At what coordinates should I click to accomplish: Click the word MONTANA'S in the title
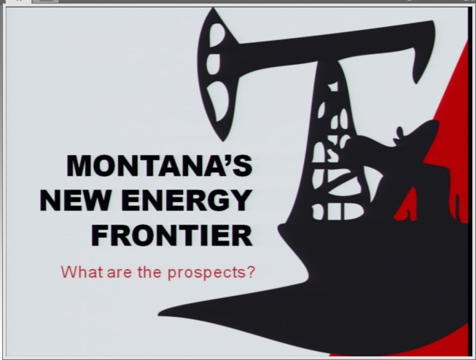160,165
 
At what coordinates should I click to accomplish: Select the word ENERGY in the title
187,200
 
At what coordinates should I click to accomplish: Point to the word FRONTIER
172,235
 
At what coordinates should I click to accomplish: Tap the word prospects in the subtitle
206,273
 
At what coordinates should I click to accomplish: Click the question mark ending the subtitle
251,272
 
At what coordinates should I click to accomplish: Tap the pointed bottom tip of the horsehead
223,140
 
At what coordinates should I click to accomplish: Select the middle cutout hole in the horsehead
213,64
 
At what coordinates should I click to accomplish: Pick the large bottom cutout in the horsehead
218,100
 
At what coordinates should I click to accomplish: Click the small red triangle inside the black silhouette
407,205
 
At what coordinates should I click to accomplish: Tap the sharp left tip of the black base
159,313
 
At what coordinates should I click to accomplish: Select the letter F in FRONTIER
99,235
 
